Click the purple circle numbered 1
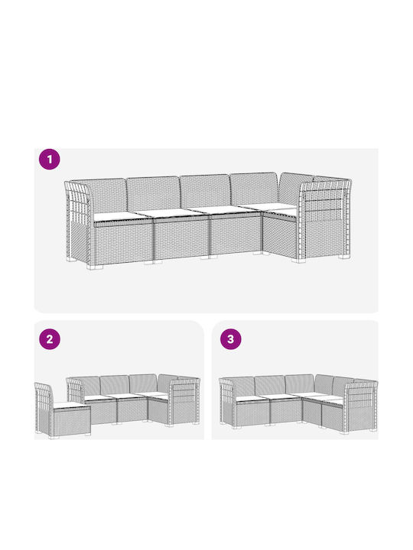(x=50, y=159)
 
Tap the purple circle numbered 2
(x=50, y=339)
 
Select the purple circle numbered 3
(x=231, y=339)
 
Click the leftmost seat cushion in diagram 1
(x=118, y=215)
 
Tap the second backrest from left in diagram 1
(x=154, y=193)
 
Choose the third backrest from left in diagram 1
(x=206, y=190)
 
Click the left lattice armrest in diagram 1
(x=77, y=222)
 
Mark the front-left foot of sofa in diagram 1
(x=94, y=267)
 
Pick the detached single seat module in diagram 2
(x=63, y=410)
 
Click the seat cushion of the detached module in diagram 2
(x=70, y=405)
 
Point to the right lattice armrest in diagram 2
(x=184, y=402)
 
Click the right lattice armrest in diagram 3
(x=361, y=406)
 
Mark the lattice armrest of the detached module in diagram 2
(x=44, y=409)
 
